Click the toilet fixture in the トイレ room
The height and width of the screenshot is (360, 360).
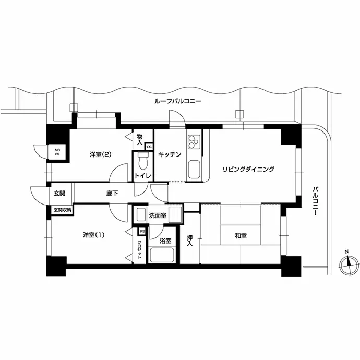coord(143,160)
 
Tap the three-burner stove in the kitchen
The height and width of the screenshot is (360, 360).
coord(194,142)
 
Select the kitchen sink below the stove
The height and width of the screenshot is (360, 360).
coord(194,170)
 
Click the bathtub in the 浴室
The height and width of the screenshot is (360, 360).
coord(162,255)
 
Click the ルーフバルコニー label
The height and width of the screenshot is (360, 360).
coord(178,101)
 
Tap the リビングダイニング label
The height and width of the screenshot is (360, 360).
coord(248,169)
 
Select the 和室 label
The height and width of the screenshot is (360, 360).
coord(241,235)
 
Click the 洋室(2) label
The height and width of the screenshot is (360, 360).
coord(101,154)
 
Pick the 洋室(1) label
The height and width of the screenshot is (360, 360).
coord(94,235)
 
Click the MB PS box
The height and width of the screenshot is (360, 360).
coord(57,152)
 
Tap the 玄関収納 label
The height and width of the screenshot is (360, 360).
coord(63,210)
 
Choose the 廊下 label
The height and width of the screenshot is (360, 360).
coord(112,194)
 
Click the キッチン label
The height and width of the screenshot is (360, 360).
coord(170,154)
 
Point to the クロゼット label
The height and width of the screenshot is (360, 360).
coord(139,249)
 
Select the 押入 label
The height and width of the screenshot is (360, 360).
coord(189,241)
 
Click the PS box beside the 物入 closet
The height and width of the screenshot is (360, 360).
coord(149,147)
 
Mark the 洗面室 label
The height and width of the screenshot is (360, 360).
coord(158,215)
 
